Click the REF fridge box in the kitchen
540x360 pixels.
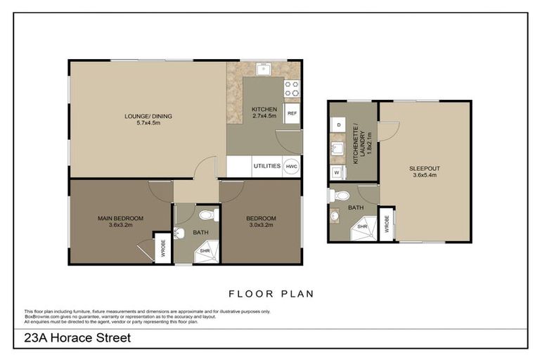pos(292,113)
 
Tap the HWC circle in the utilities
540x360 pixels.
pos(292,167)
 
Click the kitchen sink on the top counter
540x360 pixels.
pos(264,69)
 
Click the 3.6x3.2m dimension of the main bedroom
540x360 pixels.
pos(120,226)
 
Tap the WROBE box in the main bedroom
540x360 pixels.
pos(162,247)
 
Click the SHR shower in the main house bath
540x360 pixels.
pos(206,250)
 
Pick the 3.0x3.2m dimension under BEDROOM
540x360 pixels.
pos(260,226)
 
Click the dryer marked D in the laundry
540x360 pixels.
pos(337,124)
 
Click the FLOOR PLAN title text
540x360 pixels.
pos(271,294)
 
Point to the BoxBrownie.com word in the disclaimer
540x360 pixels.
pos(43,316)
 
